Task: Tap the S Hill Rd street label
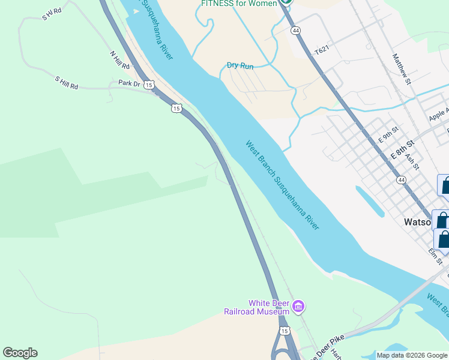click(x=67, y=83)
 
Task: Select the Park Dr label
click(x=128, y=83)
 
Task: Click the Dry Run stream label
click(x=240, y=65)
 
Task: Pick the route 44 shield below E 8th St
click(x=400, y=179)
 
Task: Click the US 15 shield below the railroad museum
click(x=285, y=331)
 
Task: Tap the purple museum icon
click(x=298, y=308)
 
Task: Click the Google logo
click(x=20, y=353)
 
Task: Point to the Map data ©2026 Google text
click(x=412, y=355)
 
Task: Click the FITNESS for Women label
click(x=239, y=3)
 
